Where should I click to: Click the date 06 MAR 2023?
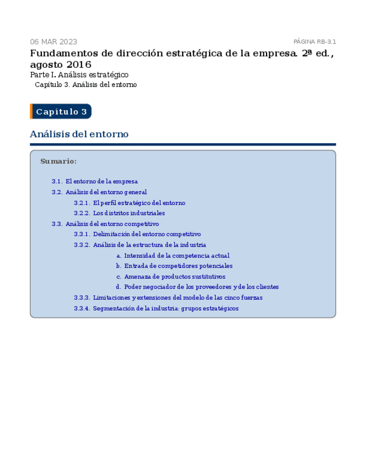54,42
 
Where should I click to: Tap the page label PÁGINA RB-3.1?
315,42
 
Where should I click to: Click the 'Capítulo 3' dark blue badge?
61,112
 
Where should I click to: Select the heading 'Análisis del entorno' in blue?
79,134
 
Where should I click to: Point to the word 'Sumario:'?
58,162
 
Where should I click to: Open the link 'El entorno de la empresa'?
101,182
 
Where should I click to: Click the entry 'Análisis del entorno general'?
106,192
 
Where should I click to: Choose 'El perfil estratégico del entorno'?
139,203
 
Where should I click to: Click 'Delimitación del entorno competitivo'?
146,235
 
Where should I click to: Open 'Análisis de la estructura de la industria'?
149,245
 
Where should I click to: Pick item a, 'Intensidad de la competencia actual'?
177,255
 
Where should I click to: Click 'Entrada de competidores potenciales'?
178,266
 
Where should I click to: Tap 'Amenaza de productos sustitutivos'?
175,277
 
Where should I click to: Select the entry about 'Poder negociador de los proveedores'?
201,287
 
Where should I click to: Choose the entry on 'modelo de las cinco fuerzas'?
177,298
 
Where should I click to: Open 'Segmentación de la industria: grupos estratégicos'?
165,309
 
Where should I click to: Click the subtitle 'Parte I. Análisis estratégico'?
79,74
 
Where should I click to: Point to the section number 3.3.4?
82,309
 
